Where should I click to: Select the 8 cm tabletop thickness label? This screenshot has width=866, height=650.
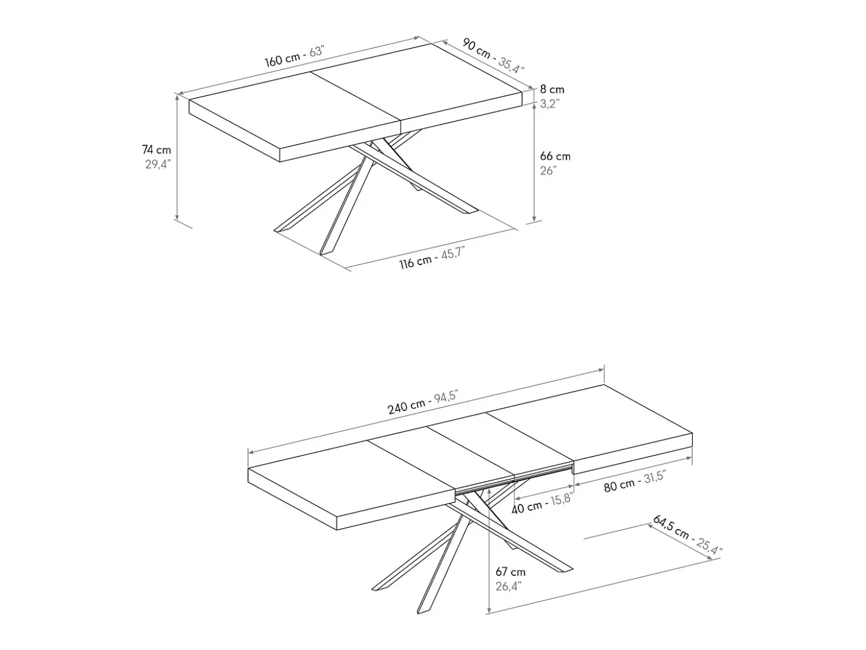552,90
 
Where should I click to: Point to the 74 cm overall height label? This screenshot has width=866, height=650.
156,150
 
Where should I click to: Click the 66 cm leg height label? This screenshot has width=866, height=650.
555,156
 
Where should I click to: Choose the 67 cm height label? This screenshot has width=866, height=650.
511,572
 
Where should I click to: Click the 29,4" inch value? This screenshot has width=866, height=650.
158,164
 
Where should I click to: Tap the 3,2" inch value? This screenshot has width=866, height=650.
550,104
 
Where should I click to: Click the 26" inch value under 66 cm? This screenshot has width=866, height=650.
549,170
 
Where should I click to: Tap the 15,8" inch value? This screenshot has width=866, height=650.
561,499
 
